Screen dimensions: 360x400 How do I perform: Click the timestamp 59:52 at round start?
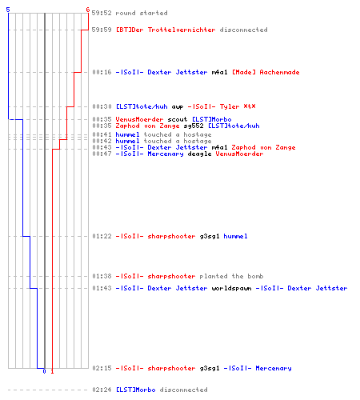click(x=102, y=13)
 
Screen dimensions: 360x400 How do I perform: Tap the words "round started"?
click(x=142, y=13)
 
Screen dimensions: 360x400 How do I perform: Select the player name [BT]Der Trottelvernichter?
click(x=166, y=30)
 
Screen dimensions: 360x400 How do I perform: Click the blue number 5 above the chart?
click(x=8, y=10)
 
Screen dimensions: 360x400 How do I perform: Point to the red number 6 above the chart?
click(x=88, y=10)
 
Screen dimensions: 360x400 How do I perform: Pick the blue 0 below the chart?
click(x=44, y=371)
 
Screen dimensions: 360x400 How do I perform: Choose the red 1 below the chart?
click(x=52, y=371)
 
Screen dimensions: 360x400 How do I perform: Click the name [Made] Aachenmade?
click(x=266, y=72)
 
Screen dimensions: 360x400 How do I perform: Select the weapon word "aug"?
click(x=178, y=106)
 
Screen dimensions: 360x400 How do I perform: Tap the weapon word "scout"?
click(x=178, y=119)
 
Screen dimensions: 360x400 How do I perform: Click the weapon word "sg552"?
click(x=194, y=126)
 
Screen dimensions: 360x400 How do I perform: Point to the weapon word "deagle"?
click(x=199, y=154)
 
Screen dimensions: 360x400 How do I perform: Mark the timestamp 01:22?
click(x=102, y=236)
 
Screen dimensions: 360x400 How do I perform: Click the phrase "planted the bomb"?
click(x=231, y=276)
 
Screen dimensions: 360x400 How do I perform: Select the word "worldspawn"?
click(x=231, y=288)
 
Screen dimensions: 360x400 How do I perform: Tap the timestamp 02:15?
click(x=102, y=368)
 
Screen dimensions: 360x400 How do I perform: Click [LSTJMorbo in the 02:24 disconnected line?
click(x=135, y=390)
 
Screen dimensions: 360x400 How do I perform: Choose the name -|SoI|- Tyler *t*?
click(x=222, y=106)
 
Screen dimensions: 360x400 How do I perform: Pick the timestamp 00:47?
click(x=102, y=154)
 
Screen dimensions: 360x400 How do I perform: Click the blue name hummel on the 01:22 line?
click(x=235, y=236)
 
